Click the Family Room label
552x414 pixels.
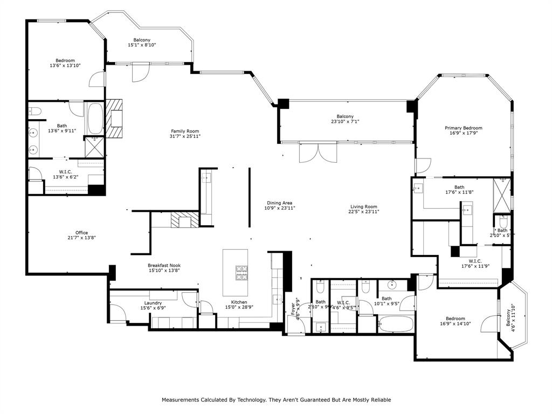coord(185,131)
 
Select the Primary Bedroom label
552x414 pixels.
coord(463,128)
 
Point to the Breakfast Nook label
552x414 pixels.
coord(164,265)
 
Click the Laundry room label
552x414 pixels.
coord(153,303)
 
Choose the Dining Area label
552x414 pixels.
coord(279,203)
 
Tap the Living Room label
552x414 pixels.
coord(363,206)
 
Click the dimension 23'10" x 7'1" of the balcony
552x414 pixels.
coord(345,122)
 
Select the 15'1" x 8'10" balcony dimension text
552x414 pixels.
coord(142,45)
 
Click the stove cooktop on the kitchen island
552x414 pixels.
coord(241,272)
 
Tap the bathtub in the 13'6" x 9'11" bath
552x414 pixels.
coord(95,119)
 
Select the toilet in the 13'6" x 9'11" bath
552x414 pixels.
coord(36,112)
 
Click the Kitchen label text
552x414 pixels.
coord(239,302)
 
